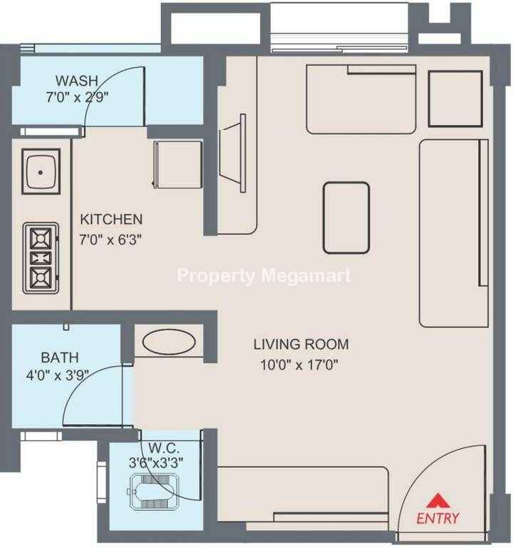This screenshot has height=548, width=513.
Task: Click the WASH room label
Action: pyautogui.click(x=77, y=81)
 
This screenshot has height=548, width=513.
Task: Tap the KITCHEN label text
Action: pyautogui.click(x=111, y=220)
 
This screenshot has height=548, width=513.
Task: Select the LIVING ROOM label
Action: pyautogui.click(x=301, y=344)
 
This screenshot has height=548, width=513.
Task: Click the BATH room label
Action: pyautogui.click(x=60, y=357)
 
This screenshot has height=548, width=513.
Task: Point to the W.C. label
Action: pyautogui.click(x=164, y=447)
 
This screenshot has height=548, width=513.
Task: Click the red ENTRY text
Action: pyautogui.click(x=437, y=518)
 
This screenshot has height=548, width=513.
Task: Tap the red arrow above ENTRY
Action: pyautogui.click(x=438, y=500)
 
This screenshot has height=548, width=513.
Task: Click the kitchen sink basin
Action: pyautogui.click(x=41, y=171)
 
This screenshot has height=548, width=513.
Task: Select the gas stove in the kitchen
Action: pyautogui.click(x=41, y=258)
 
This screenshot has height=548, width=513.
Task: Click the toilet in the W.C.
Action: pyautogui.click(x=153, y=492)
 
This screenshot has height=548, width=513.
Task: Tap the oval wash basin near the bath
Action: pyautogui.click(x=169, y=342)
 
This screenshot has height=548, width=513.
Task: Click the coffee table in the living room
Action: pyautogui.click(x=346, y=218)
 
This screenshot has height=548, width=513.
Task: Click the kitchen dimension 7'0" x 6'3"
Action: pyautogui.click(x=110, y=240)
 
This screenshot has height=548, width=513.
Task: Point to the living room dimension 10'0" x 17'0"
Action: pyautogui.click(x=299, y=365)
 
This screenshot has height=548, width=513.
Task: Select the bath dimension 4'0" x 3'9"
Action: pyautogui.click(x=56, y=376)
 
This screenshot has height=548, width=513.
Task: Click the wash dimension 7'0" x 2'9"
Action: pyautogui.click(x=77, y=97)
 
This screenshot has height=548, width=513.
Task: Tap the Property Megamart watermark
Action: pyautogui.click(x=264, y=275)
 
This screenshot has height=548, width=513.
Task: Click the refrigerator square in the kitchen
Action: pyautogui.click(x=178, y=165)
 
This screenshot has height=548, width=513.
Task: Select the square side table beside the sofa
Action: pyautogui.click(x=455, y=99)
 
